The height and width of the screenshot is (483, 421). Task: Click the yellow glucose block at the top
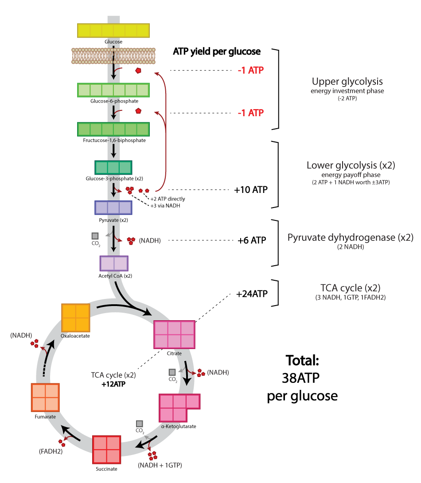(x=113, y=31)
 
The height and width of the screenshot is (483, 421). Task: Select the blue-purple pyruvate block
(x=113, y=208)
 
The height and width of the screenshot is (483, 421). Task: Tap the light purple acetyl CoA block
(x=114, y=263)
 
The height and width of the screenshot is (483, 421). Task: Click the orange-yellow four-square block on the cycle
(x=76, y=318)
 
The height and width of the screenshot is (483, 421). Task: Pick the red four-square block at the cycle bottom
(x=106, y=450)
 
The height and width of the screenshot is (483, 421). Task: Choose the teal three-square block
(x=113, y=168)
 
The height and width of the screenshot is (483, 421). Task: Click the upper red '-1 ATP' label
(x=251, y=70)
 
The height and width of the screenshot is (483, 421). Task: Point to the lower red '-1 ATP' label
(x=251, y=113)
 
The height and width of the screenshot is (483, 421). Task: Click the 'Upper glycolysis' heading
(x=347, y=82)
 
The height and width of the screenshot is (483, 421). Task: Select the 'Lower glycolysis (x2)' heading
(x=351, y=165)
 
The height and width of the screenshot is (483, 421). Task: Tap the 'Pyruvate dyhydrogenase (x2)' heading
(x=350, y=237)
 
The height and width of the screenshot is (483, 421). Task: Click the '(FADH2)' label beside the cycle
(x=51, y=452)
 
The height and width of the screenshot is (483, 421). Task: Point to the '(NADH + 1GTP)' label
(x=160, y=465)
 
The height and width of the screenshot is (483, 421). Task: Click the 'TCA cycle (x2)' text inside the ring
(x=113, y=375)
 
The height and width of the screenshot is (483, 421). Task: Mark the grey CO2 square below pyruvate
(x=95, y=236)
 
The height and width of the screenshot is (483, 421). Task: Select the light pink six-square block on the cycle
(x=174, y=334)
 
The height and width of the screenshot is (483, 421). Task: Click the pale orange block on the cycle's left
(x=45, y=397)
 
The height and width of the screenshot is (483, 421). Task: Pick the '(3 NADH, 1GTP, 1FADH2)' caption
(x=350, y=298)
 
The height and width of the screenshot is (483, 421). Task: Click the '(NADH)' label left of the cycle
(x=21, y=335)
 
